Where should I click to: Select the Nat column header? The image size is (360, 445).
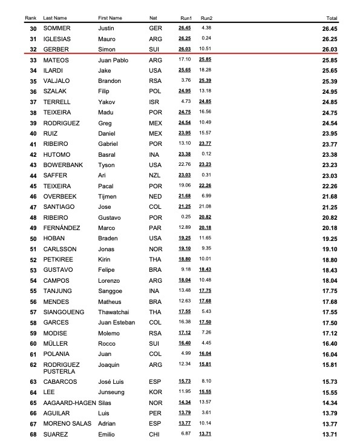tap(153, 18)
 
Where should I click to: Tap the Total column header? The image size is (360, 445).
tap(332, 18)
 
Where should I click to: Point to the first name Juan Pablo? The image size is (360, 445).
tap(113, 61)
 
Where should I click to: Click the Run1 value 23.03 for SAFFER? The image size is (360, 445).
tap(185, 176)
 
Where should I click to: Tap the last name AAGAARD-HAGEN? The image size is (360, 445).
tap(67, 403)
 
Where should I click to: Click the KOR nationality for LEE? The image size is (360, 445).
tap(155, 392)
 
